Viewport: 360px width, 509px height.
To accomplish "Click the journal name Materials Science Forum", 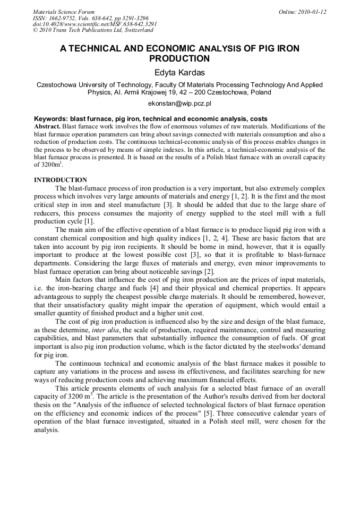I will click(64, 12).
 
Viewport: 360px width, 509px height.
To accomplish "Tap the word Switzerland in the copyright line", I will click(123, 30).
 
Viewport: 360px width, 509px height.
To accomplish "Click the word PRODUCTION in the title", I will click(179, 58).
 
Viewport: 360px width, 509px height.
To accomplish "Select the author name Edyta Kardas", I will click(179, 72).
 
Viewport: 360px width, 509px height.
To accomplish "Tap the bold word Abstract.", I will click(47, 127).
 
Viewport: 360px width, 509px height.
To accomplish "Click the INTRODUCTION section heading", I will click(61, 180).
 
